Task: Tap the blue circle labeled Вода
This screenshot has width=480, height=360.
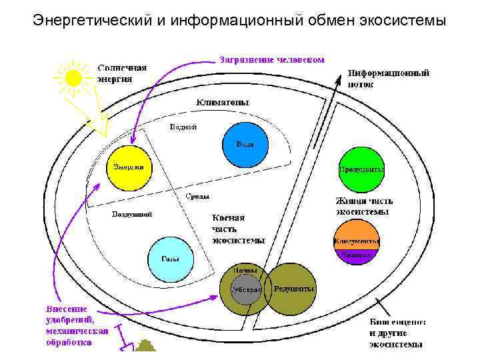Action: point(244,145)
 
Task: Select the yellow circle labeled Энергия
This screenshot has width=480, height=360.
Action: point(127,167)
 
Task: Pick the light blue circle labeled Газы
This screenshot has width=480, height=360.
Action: point(169,259)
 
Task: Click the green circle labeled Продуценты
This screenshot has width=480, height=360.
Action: point(360,169)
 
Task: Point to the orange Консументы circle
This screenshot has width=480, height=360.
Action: point(356,239)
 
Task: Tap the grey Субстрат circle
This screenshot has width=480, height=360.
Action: point(245,291)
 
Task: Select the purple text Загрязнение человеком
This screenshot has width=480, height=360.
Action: point(272,59)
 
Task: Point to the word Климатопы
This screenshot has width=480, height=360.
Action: point(223,103)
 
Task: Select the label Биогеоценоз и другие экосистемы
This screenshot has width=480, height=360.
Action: point(397,333)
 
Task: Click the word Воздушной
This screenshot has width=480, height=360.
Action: point(132,215)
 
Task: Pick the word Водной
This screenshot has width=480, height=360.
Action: point(183,127)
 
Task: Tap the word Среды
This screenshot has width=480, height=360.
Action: point(197,196)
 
